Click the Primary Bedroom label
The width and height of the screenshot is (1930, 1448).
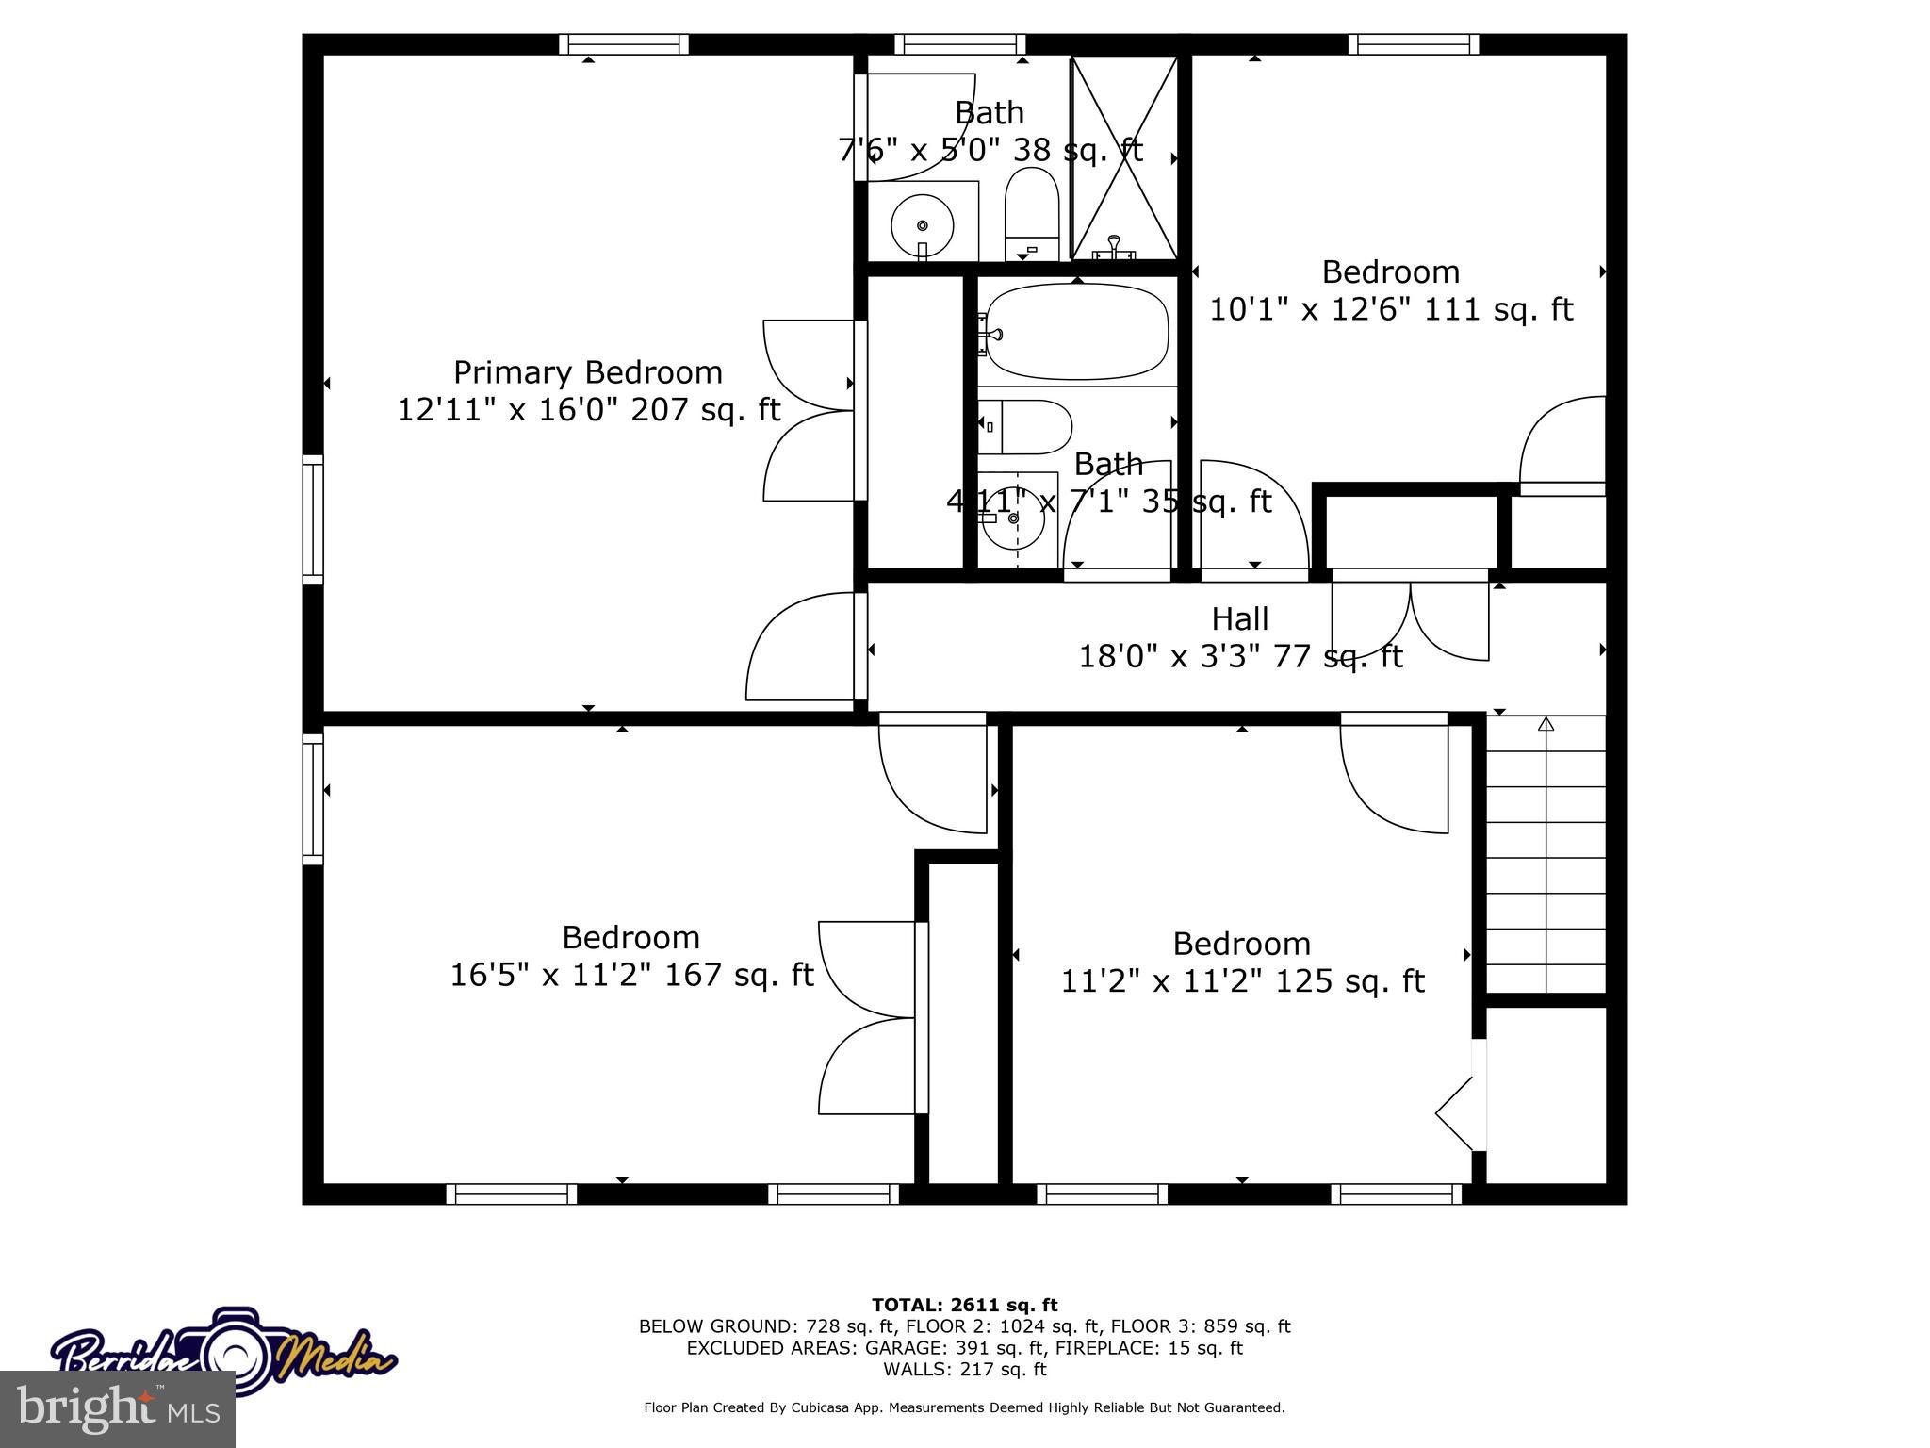coord(587,372)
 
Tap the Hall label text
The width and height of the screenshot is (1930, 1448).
coord(1239,618)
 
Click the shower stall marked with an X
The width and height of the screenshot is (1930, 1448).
coord(1124,156)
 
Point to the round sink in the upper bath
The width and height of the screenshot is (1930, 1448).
coord(922,225)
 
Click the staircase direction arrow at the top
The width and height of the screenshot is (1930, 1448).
coord(1546,724)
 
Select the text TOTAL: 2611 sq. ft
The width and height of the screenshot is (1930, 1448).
coord(964,1305)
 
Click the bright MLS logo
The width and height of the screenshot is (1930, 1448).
coord(118,1409)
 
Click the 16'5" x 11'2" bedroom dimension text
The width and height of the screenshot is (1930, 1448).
coord(630,975)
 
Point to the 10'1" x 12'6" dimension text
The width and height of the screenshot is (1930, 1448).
coord(1391,309)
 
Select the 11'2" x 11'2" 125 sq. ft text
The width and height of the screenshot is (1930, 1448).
coord(1242,981)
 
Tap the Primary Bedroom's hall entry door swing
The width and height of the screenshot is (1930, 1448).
coord(804,649)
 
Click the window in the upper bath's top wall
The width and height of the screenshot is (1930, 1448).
coord(959,44)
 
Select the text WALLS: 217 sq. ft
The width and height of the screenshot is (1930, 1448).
coord(964,1369)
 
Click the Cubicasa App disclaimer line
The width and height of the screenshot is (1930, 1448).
coord(964,1407)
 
